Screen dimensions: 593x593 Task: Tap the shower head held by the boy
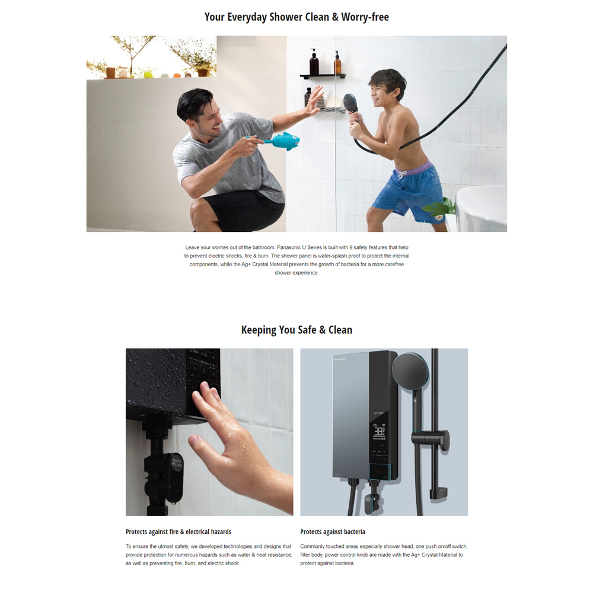(350, 103)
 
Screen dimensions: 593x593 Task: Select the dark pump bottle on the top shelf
(314, 62)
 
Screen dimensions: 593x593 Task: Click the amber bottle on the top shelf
(337, 63)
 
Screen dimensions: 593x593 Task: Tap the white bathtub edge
(481, 208)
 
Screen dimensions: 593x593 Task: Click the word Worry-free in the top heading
(365, 17)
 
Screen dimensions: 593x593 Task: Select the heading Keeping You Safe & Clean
(296, 330)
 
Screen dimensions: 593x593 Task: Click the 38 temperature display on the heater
(379, 431)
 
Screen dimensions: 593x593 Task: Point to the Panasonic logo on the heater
(340, 359)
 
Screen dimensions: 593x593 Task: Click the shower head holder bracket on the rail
(431, 440)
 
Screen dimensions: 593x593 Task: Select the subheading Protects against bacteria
(333, 532)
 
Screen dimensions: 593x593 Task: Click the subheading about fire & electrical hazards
(178, 532)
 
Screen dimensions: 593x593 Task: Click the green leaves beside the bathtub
(441, 206)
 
